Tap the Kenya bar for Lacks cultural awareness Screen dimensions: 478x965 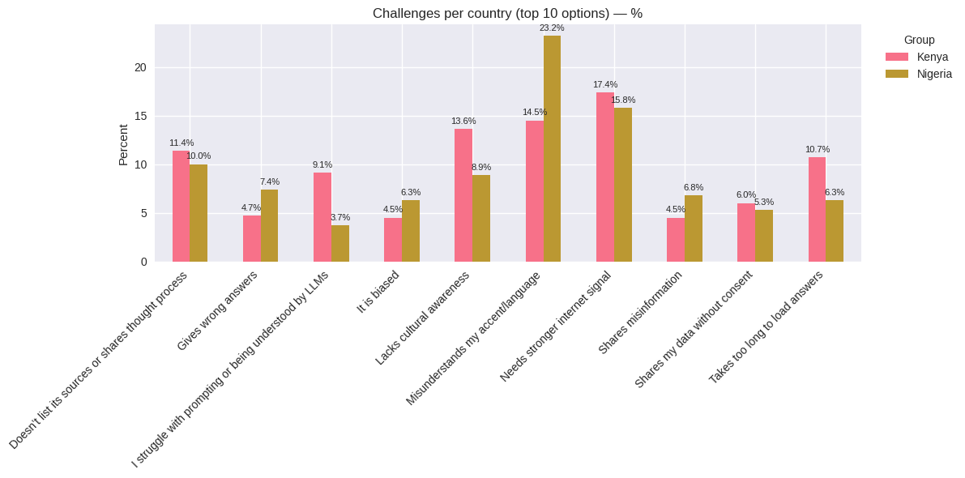tap(463, 195)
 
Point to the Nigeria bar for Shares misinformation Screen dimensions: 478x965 tap(694, 228)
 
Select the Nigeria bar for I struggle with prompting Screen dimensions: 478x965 tap(340, 243)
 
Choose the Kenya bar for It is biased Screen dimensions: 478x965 tap(393, 240)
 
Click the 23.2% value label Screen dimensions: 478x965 tap(552, 28)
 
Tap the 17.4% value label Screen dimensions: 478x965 tap(605, 84)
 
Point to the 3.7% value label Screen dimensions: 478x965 tap(340, 217)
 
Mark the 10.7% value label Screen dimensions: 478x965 tap(818, 149)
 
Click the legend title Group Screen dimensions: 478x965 tap(919, 40)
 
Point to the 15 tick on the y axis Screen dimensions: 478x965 tap(141, 116)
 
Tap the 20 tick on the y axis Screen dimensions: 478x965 tap(141, 67)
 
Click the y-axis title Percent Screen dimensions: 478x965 tap(123, 144)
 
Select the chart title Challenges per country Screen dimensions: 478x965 tap(507, 13)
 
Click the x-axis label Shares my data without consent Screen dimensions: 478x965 tap(694, 329)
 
